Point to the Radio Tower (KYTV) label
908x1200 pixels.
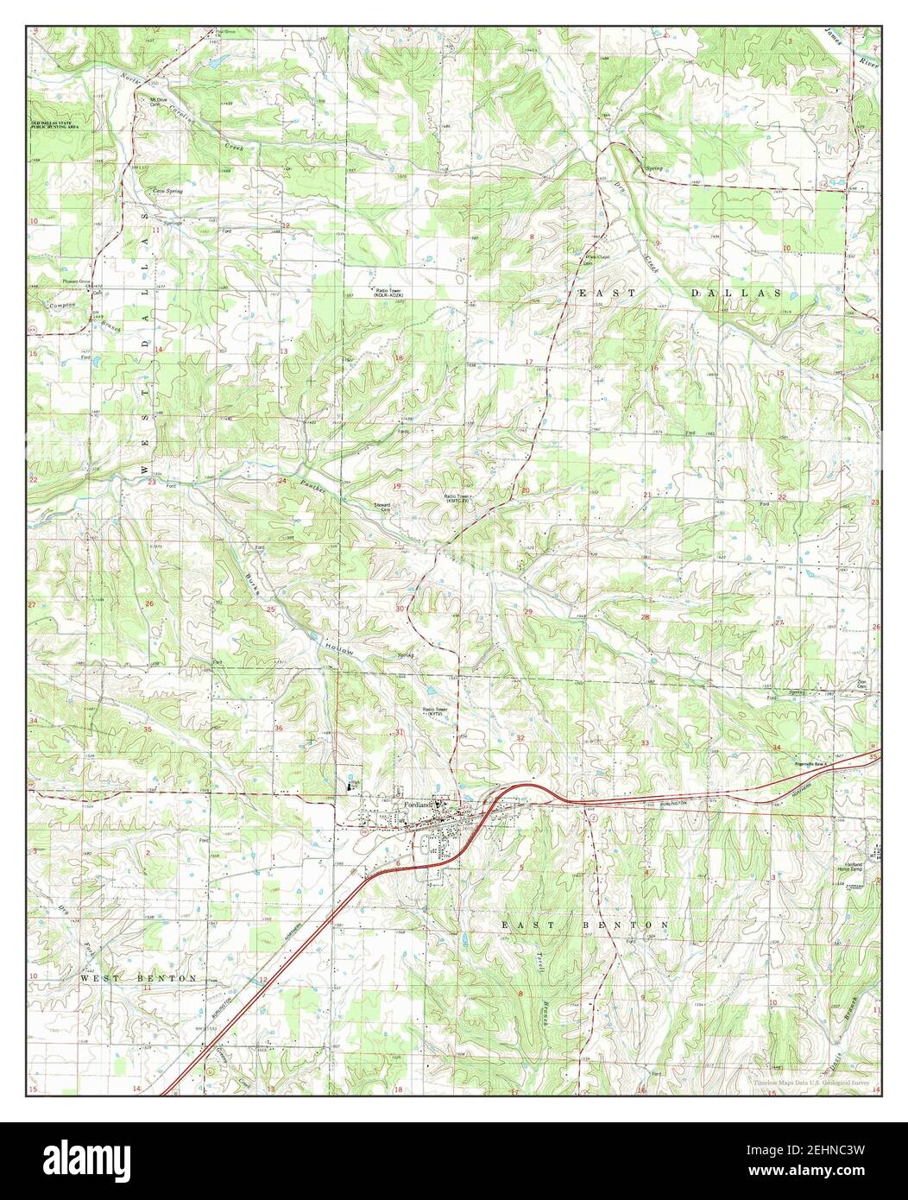pos(434,712)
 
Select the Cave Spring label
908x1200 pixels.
pos(167,191)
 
